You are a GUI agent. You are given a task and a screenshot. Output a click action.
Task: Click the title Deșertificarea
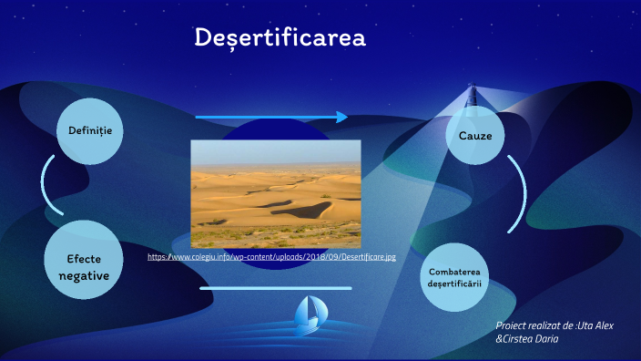[280, 38]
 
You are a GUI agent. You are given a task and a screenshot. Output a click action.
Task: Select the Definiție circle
[90, 131]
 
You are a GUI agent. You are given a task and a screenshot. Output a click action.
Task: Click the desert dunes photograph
[275, 193]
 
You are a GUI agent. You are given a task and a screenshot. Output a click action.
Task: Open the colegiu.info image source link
[271, 257]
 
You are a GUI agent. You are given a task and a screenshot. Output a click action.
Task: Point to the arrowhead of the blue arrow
[342, 117]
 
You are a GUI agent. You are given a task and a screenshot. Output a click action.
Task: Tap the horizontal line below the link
[275, 288]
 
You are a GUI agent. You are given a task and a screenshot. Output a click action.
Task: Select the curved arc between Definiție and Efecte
[46, 186]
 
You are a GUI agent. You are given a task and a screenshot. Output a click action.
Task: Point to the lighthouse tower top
[472, 90]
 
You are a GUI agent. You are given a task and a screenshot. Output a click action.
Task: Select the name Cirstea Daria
[530, 339]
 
